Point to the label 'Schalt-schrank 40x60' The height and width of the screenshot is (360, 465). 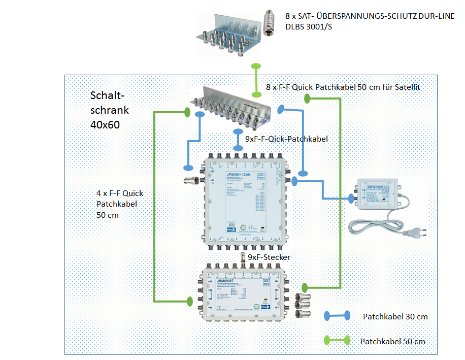pyautogui.click(x=109, y=110)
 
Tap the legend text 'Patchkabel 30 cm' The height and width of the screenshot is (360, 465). pyautogui.click(x=395, y=316)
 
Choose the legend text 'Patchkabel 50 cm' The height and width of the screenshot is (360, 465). pyautogui.click(x=392, y=341)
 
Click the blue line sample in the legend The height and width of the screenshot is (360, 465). pyautogui.click(x=337, y=316)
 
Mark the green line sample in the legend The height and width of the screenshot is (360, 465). pyautogui.click(x=336, y=340)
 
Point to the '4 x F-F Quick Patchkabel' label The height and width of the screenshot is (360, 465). pyautogui.click(x=120, y=204)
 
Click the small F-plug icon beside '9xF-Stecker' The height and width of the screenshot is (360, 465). pyautogui.click(x=243, y=257)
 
